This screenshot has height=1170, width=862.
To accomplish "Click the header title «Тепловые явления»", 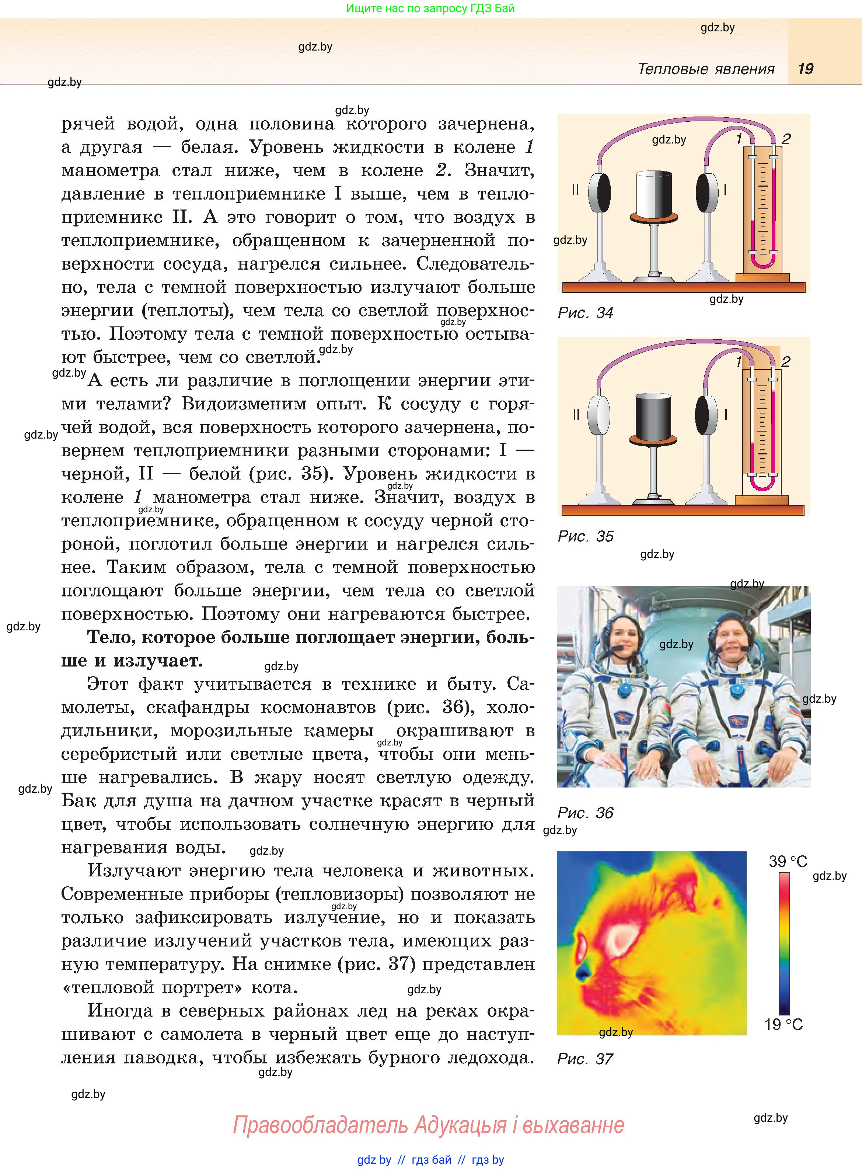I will coord(706,69).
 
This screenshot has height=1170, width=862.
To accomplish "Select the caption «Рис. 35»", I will coord(586,536).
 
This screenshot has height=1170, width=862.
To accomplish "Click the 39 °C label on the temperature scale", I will coord(788,861).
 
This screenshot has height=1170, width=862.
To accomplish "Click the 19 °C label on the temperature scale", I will coord(783,1024).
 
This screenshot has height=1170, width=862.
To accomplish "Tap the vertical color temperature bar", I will coord(784,943).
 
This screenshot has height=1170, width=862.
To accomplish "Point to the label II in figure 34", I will coord(575,190).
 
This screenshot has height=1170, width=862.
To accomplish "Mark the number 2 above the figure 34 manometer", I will coord(786,139).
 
